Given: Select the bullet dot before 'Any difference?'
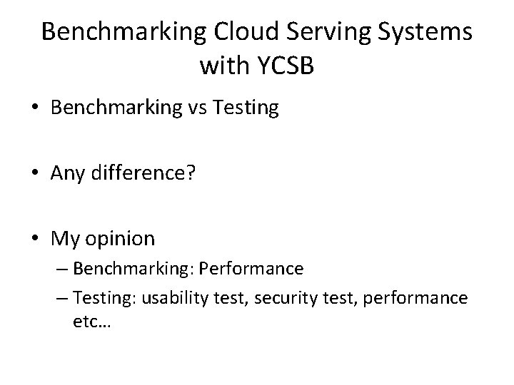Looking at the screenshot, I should pos(36,175).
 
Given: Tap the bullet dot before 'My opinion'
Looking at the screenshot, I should pos(36,240).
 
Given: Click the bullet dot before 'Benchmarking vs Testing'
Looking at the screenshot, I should pos(36,110).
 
